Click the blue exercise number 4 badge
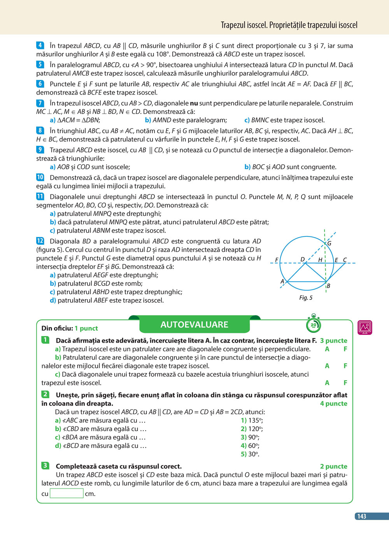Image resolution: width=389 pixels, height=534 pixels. pyautogui.click(x=40, y=45)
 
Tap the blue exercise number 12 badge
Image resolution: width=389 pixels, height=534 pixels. pyautogui.click(x=40, y=241)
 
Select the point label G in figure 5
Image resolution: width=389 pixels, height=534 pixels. pyautogui.click(x=329, y=243)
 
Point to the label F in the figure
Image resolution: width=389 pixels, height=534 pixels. pyautogui.click(x=277, y=260)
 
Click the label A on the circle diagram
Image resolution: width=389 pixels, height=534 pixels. pyautogui.click(x=282, y=281)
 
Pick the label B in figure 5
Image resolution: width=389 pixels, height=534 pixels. pyautogui.click(x=328, y=286)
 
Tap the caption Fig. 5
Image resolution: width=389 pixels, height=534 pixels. pyautogui.click(x=306, y=298)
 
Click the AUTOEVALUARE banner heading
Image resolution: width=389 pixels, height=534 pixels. pyautogui.click(x=194, y=325)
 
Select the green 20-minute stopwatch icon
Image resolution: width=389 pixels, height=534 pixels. pyautogui.click(x=314, y=324)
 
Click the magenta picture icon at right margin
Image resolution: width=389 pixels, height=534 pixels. pyautogui.click(x=364, y=327)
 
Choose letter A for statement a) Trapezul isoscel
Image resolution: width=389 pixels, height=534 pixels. pyautogui.click(x=327, y=349)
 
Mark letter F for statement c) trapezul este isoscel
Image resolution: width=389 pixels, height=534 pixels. pyautogui.click(x=345, y=383)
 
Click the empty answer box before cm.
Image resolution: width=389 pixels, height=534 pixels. pyautogui.click(x=67, y=494)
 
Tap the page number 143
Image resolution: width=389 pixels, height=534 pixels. pyautogui.click(x=362, y=516)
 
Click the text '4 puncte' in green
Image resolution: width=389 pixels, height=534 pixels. pyautogui.click(x=333, y=404)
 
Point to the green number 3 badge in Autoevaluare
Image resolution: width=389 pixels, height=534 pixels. pyautogui.click(x=45, y=466)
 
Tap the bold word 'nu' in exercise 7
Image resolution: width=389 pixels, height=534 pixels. pyautogui.click(x=194, y=103)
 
